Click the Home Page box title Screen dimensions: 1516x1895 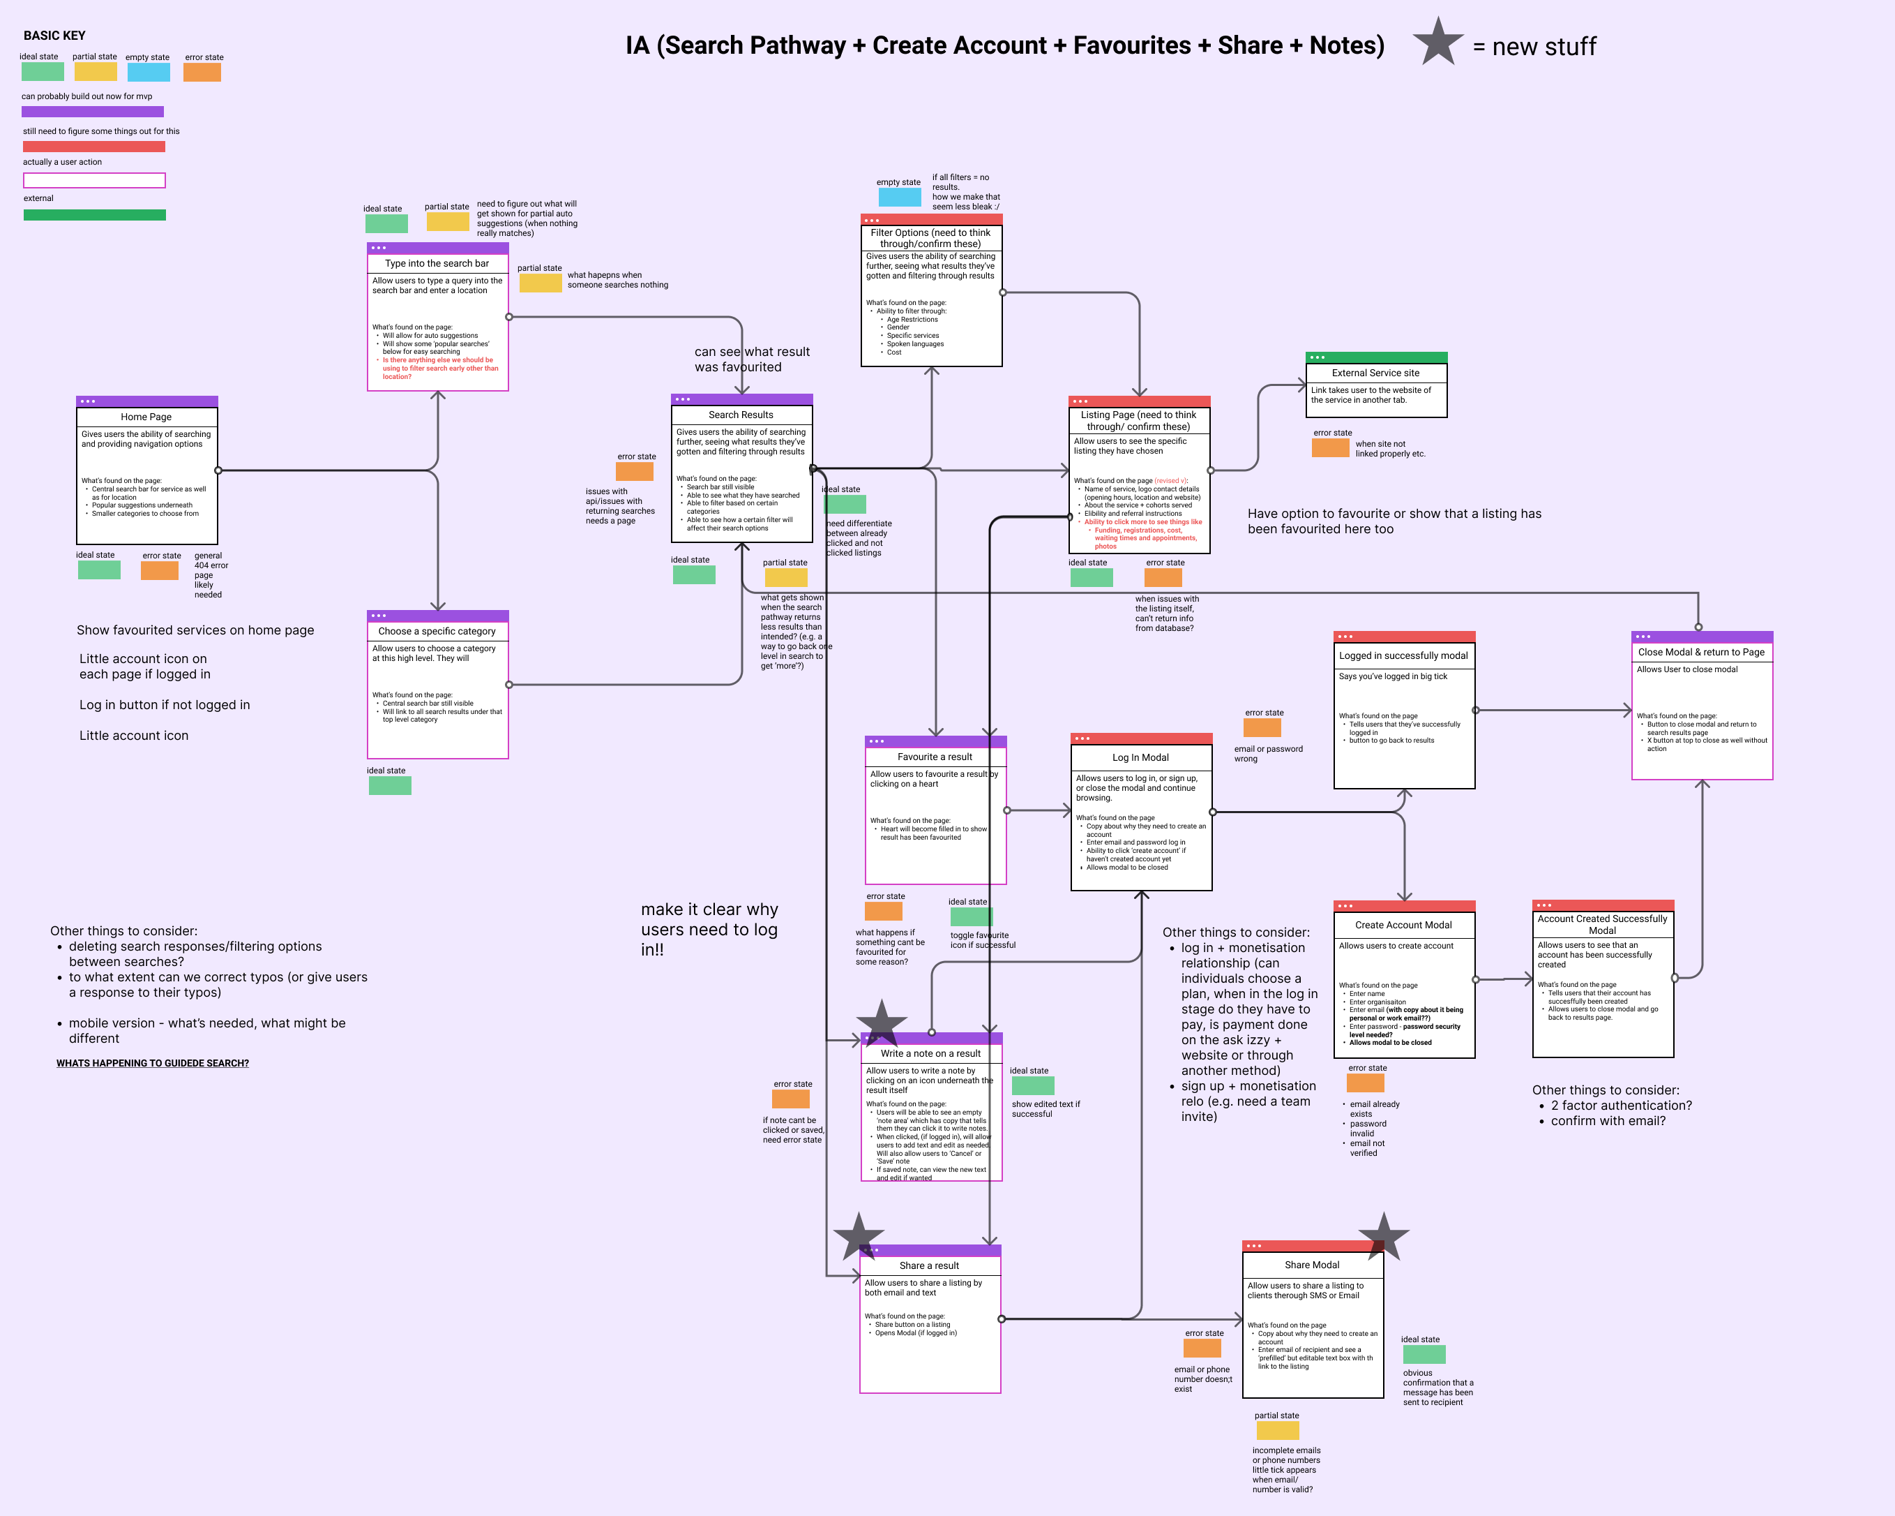tap(146, 417)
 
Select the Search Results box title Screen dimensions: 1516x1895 tap(741, 415)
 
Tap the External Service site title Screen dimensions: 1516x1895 tap(1375, 373)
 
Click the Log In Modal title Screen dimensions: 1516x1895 tap(1141, 757)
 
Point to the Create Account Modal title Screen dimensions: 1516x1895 tap(1404, 925)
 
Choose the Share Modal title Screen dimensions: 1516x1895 tap(1312, 1265)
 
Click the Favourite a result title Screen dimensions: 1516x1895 tap(935, 757)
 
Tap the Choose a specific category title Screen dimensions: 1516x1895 tap(437, 632)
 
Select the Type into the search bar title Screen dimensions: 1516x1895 tap(437, 264)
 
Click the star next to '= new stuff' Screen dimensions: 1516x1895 tap(1438, 42)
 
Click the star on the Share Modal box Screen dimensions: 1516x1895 tap(1384, 1236)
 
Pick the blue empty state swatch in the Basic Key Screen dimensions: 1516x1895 tap(148, 72)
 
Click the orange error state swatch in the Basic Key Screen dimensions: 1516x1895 tap(202, 72)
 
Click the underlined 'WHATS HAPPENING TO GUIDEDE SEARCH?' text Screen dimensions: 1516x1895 tap(153, 1063)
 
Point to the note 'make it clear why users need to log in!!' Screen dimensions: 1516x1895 tap(709, 930)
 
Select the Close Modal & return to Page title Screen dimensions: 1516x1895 tap(1702, 653)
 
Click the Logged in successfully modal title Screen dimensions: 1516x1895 tap(1404, 656)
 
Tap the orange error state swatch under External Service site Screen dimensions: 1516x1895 tap(1330, 447)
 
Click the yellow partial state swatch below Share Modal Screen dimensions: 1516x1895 tap(1277, 1431)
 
